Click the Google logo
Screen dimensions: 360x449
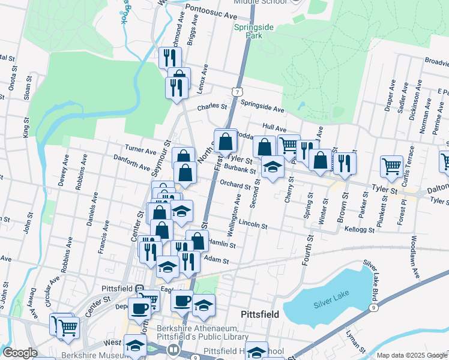tap(20, 353)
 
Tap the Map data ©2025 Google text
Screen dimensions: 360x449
tap(412, 355)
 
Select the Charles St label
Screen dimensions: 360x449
tap(213, 108)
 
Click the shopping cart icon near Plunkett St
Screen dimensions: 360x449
tap(391, 166)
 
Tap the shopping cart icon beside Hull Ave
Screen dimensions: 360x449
tap(289, 145)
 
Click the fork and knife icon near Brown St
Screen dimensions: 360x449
tap(345, 163)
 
